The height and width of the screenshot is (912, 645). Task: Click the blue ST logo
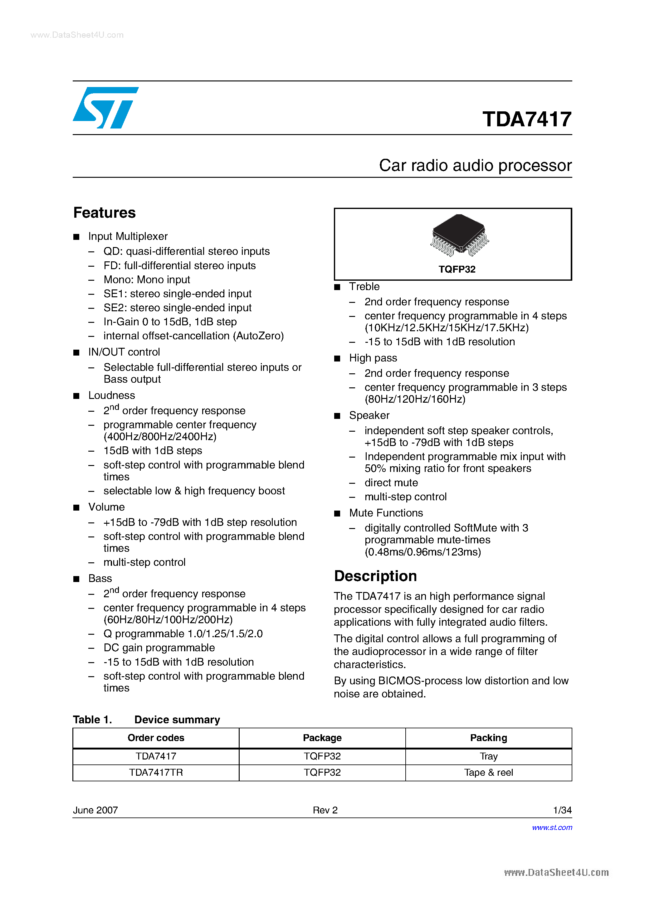[x=105, y=108]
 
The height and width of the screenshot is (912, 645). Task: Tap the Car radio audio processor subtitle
[x=475, y=165]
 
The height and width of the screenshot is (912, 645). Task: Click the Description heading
[x=375, y=576]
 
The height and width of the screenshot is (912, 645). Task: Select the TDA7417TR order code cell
[x=156, y=772]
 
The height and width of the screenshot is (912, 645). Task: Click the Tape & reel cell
[x=488, y=772]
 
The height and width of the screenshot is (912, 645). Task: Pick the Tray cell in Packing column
[x=488, y=756]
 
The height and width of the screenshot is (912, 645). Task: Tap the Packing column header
[x=488, y=738]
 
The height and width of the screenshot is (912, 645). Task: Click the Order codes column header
[x=156, y=738]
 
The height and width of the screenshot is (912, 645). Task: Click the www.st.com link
[x=552, y=827]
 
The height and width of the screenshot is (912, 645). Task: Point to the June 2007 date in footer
[x=95, y=810]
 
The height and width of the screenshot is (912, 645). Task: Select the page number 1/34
[x=562, y=810]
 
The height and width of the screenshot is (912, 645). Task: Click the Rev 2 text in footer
[x=325, y=810]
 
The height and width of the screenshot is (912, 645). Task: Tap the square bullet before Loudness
[x=76, y=396]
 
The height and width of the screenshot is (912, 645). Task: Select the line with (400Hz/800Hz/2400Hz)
[x=160, y=437]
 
